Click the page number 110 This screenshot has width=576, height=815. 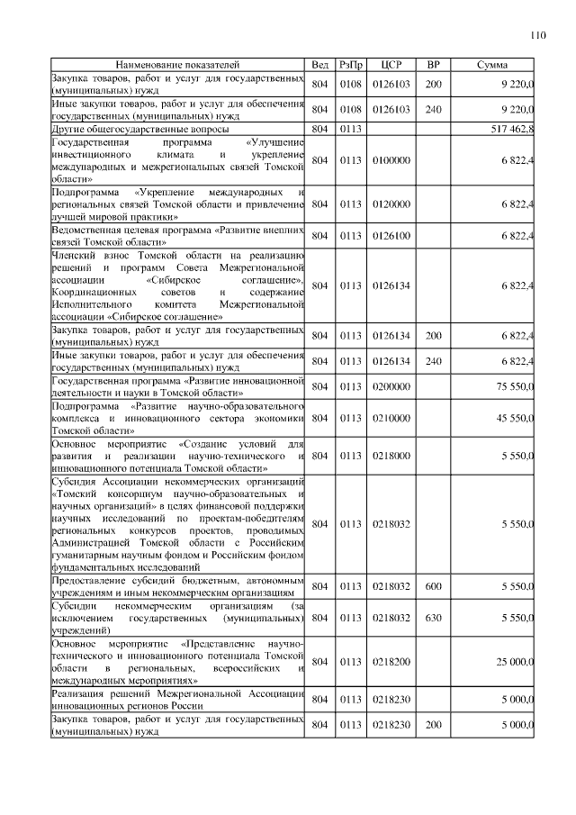537,36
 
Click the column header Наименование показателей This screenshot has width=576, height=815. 177,66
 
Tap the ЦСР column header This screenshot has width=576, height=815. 391,66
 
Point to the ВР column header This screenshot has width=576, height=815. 433,66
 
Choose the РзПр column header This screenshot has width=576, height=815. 351,66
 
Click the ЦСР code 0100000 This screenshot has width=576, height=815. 391,160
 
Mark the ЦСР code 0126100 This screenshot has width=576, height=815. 391,236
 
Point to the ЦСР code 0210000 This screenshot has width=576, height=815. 391,419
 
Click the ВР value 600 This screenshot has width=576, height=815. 433,586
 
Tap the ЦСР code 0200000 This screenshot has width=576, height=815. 391,387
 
